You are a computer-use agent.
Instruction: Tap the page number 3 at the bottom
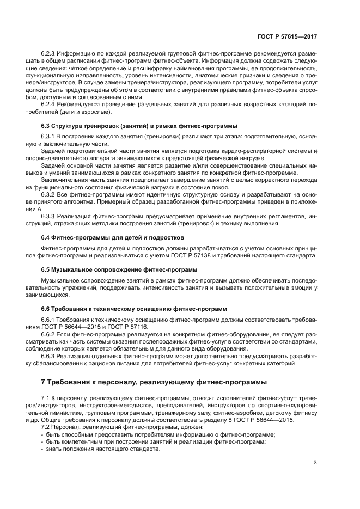(x=315, y=463)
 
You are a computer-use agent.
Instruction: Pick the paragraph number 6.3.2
(x=50, y=194)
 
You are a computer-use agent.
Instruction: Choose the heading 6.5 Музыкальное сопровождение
(x=119, y=270)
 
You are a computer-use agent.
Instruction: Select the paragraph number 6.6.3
(x=50, y=355)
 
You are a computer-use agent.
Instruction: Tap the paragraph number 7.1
(x=46, y=398)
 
